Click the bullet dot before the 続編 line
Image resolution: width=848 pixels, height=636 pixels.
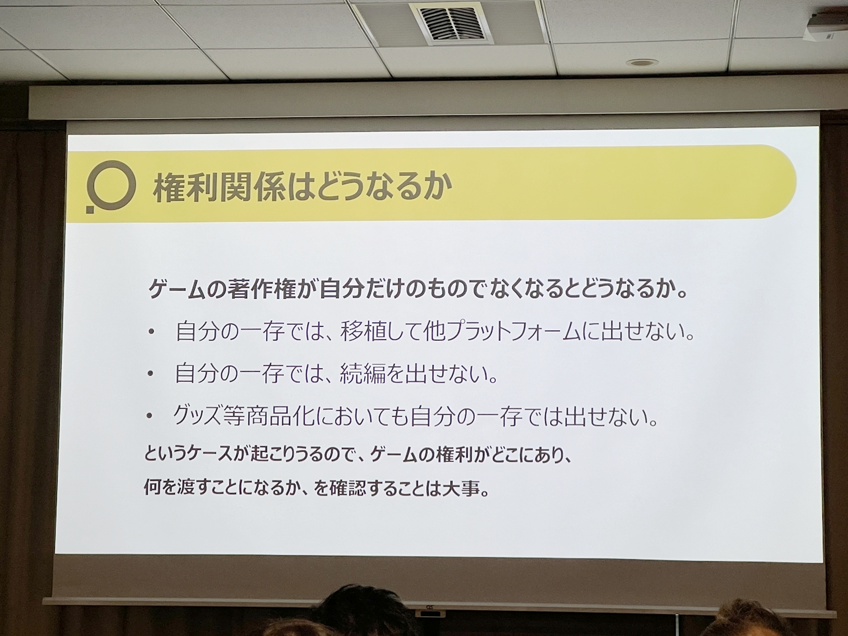coord(151,374)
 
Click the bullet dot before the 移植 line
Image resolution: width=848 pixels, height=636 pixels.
coord(151,333)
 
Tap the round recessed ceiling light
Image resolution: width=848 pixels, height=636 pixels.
coord(641,62)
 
